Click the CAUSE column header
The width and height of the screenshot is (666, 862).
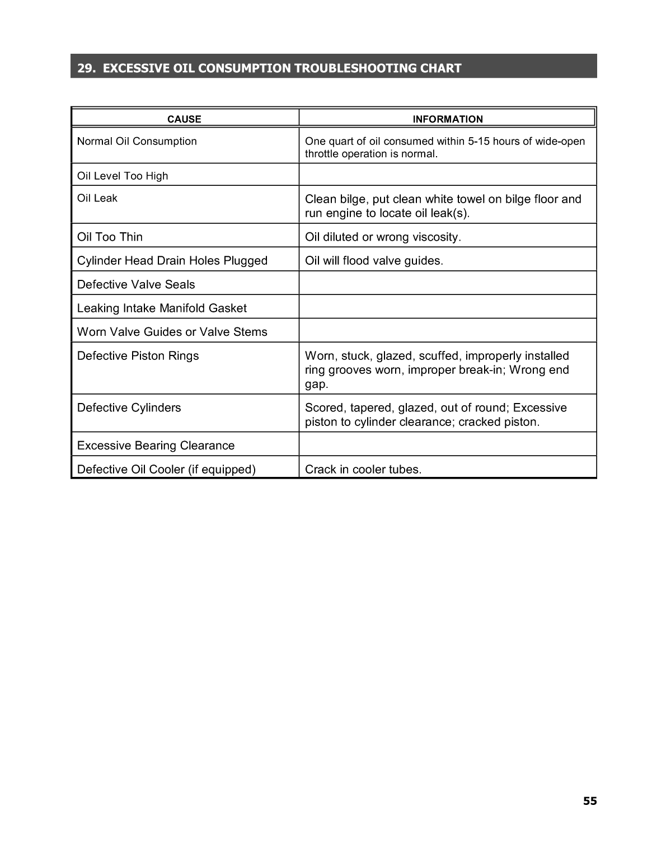click(184, 119)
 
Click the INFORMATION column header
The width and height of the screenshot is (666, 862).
click(447, 119)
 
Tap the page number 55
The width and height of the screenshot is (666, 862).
click(590, 801)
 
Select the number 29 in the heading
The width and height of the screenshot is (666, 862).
click(85, 68)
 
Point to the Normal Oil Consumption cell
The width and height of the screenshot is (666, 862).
click(137, 141)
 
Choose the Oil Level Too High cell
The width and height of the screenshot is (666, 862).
click(123, 176)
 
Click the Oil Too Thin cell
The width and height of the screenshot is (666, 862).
click(110, 237)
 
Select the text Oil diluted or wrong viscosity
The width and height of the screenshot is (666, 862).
click(383, 237)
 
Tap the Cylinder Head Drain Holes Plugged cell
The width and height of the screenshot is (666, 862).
click(172, 260)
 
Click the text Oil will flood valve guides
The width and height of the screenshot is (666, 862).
click(374, 260)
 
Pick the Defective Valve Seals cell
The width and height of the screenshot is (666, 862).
click(136, 284)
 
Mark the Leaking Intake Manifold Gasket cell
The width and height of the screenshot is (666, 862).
click(162, 308)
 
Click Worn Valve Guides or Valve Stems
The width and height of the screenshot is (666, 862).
click(172, 331)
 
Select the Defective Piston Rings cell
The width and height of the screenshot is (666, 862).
click(138, 355)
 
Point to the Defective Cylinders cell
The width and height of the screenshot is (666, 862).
click(129, 407)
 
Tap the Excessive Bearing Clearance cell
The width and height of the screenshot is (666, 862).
click(156, 446)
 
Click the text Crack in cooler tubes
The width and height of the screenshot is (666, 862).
click(363, 469)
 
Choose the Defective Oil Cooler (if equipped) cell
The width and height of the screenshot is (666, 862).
click(166, 469)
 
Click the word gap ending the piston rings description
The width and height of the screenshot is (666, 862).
click(316, 385)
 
